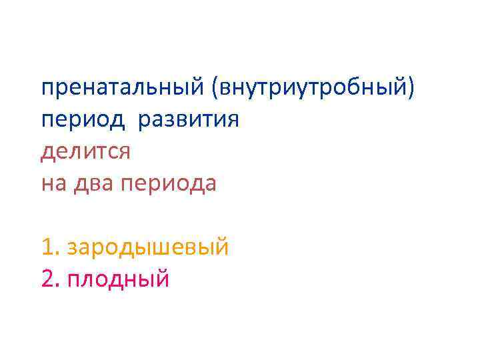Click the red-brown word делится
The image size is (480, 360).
pyautogui.click(x=85, y=152)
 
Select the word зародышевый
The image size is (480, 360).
pyautogui.click(x=149, y=247)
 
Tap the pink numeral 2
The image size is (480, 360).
pyautogui.click(x=47, y=279)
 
